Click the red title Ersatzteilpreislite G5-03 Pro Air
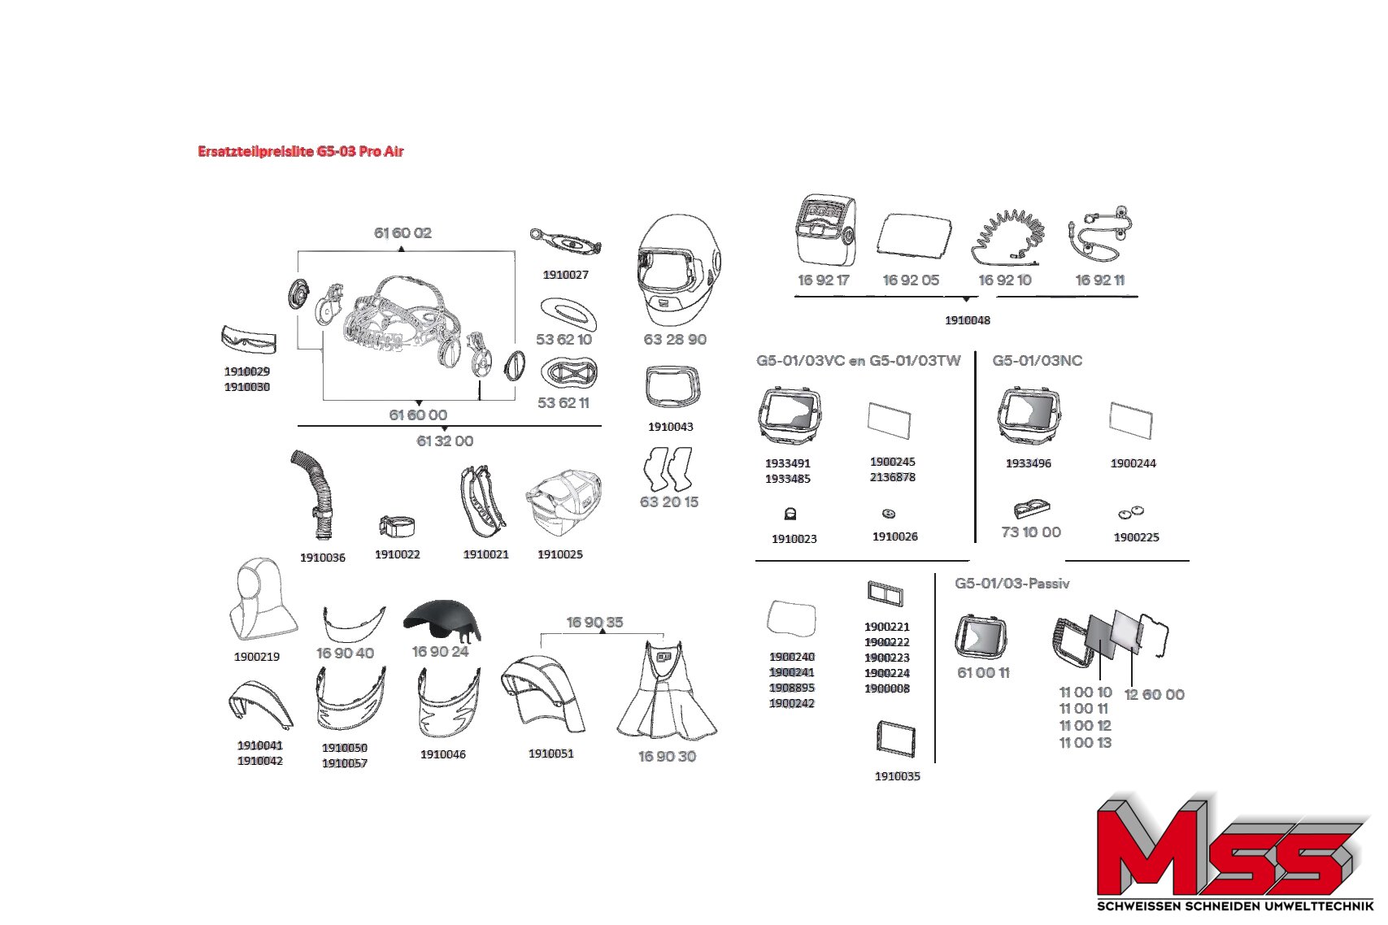point(301,151)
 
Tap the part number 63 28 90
point(675,340)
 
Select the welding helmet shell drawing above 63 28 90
point(680,270)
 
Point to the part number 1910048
point(968,320)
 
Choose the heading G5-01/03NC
point(1038,361)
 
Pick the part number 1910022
point(397,554)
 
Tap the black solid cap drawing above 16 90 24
point(442,621)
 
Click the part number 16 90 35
point(595,622)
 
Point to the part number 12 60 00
point(1155,694)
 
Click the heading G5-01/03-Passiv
point(1012,583)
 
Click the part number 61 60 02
point(402,233)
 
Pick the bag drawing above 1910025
point(563,502)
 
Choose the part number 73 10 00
point(1031,532)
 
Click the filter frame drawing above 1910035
point(896,739)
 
